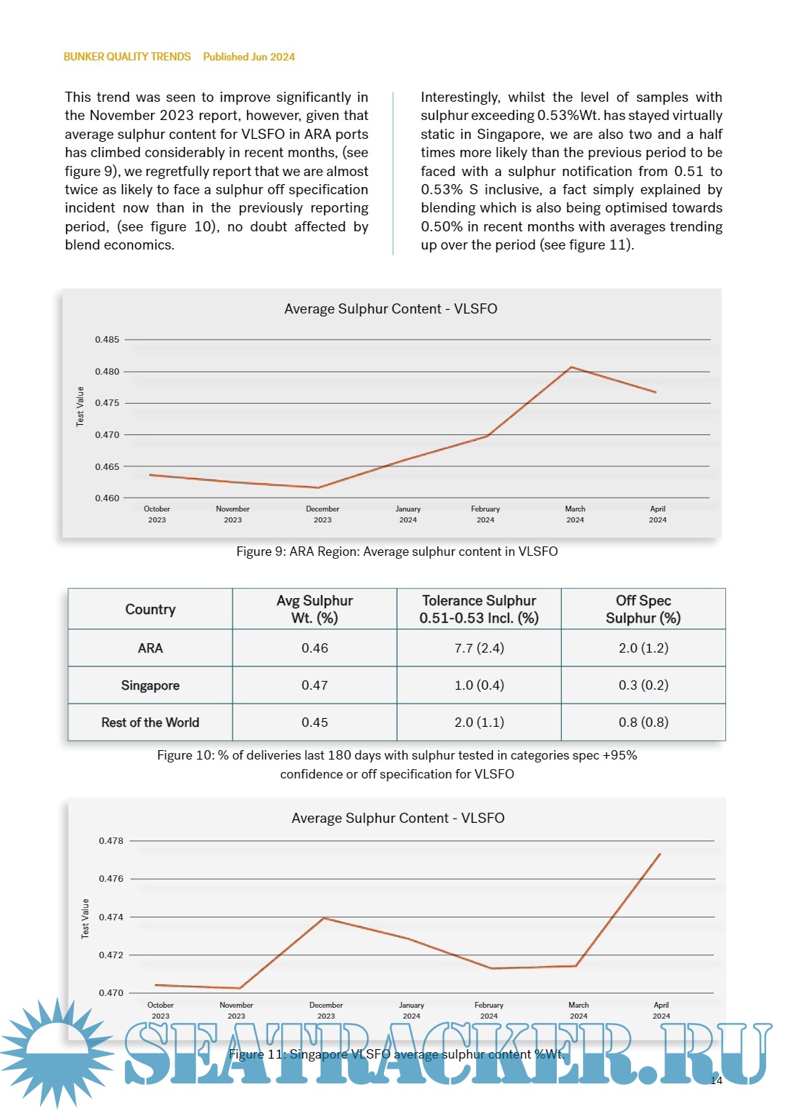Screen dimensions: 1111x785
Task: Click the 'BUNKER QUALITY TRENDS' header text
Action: pyautogui.click(x=127, y=57)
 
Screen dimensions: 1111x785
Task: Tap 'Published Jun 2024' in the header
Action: pyautogui.click(x=249, y=57)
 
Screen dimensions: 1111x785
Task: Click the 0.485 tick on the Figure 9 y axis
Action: pyautogui.click(x=107, y=340)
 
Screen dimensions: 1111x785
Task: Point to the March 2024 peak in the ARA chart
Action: pyautogui.click(x=571, y=367)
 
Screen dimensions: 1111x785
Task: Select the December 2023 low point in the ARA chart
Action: pyautogui.click(x=318, y=487)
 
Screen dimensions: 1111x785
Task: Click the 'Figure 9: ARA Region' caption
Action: pyautogui.click(x=397, y=551)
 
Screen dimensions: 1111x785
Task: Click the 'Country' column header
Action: pyautogui.click(x=150, y=609)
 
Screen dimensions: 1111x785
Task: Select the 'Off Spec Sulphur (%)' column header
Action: pyautogui.click(x=643, y=609)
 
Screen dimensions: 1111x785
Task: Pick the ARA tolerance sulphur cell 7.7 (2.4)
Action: pyautogui.click(x=479, y=648)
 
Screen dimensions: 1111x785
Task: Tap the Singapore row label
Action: pyautogui.click(x=150, y=685)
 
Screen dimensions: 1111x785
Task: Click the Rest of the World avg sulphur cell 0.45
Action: pyautogui.click(x=315, y=722)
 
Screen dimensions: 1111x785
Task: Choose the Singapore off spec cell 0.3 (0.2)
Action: pyautogui.click(x=643, y=685)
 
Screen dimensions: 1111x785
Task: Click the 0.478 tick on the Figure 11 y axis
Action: pyautogui.click(x=111, y=841)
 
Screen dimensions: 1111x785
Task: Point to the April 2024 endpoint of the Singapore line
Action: pyautogui.click(x=660, y=854)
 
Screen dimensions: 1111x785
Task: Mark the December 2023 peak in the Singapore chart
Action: pyautogui.click(x=324, y=918)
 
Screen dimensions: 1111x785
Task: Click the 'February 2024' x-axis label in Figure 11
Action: pyautogui.click(x=489, y=1010)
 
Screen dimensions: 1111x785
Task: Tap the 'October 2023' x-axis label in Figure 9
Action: pyautogui.click(x=157, y=514)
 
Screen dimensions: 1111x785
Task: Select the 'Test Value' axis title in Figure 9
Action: pyautogui.click(x=81, y=406)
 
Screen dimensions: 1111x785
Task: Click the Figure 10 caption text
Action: pyautogui.click(x=397, y=765)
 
